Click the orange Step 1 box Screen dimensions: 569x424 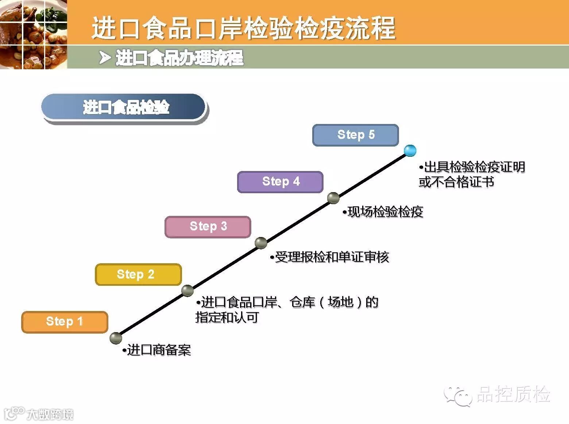pos(65,322)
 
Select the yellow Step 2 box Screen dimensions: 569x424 pos(138,274)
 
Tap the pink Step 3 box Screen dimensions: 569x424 pos(208,226)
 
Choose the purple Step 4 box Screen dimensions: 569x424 pos(280,182)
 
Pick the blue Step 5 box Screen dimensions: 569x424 pos(356,135)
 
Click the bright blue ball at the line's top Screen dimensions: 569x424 pos(410,150)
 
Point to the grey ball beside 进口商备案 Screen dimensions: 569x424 pos(116,338)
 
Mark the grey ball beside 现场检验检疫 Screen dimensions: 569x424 pos(333,198)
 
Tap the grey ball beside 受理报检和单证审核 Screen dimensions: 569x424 pos(261,243)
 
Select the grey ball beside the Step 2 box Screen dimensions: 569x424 pos(187,291)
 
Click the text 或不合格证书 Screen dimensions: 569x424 pos(456,182)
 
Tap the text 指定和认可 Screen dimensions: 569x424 pos(227,317)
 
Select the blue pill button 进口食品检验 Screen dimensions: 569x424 pos(124,108)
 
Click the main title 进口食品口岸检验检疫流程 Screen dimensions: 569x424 pos(243,28)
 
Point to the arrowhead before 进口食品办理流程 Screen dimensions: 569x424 pos(105,58)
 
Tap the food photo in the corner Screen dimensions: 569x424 pos(33,34)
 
